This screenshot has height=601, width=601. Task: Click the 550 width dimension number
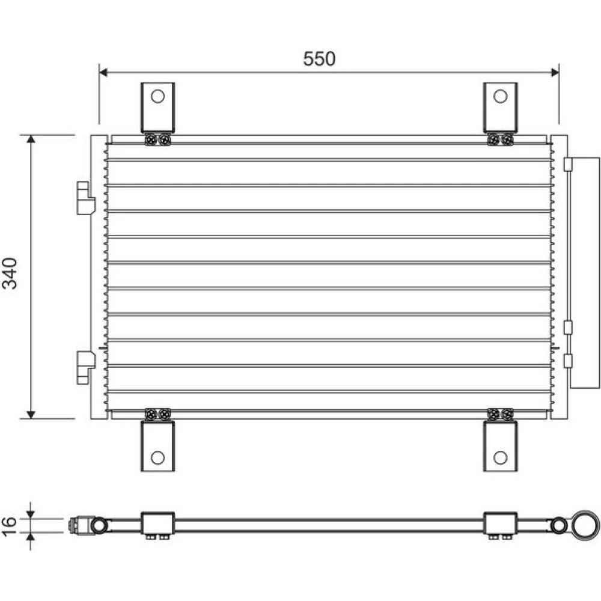click(319, 59)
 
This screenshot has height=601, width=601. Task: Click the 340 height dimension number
click(10, 273)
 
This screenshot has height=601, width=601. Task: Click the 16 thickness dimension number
click(9, 525)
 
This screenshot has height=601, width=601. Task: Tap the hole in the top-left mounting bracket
click(157, 96)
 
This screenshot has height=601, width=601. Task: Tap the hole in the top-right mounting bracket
click(500, 96)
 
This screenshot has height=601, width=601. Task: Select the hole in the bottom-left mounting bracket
click(157, 457)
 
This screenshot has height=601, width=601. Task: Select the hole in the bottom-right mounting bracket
click(500, 457)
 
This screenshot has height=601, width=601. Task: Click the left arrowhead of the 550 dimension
click(103, 72)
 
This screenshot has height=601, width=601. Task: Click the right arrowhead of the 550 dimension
click(555, 72)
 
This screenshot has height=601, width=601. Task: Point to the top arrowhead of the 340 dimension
click(31, 139)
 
